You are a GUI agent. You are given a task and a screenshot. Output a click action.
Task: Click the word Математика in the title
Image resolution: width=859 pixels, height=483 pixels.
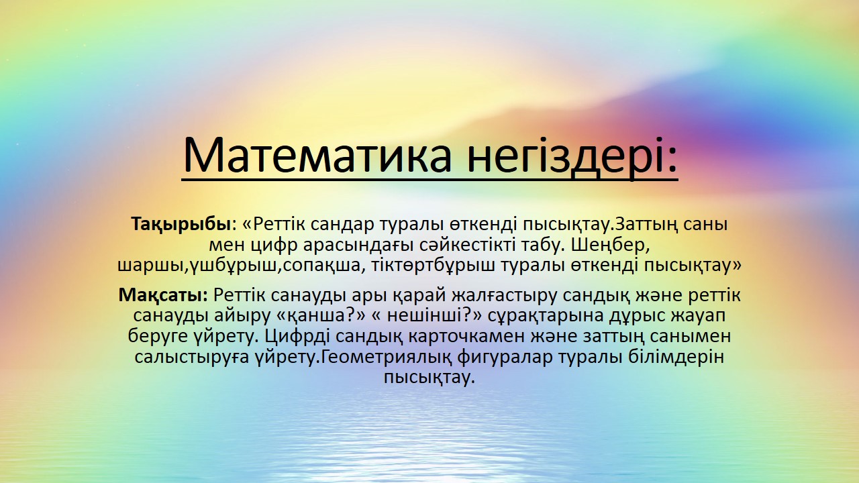click(x=317, y=155)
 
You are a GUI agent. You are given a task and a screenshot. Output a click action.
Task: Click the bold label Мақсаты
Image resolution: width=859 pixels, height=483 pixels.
click(x=163, y=295)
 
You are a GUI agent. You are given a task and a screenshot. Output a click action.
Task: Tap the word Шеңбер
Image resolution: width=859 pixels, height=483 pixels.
click(x=610, y=246)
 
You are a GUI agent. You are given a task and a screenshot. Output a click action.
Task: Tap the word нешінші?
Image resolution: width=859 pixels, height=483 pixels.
click(x=434, y=316)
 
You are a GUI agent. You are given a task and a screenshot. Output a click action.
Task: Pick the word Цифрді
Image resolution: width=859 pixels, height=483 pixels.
click(x=297, y=337)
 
